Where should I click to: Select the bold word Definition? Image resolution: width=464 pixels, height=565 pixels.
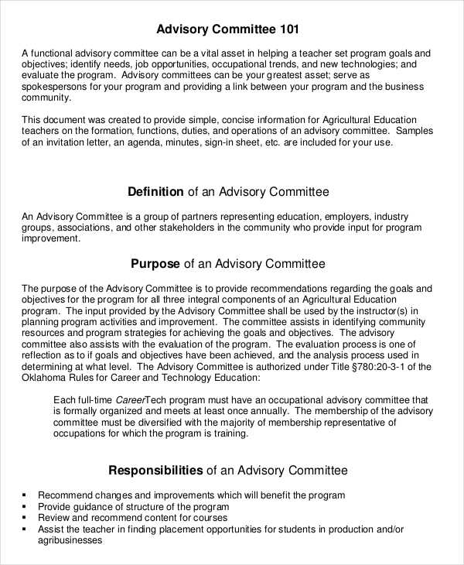155,191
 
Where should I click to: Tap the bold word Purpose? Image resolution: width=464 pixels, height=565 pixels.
155,263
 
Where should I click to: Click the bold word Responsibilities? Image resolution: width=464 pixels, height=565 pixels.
155,470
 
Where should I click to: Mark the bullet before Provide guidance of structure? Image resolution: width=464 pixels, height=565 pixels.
26,506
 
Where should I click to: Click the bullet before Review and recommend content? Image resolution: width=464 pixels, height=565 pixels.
26,518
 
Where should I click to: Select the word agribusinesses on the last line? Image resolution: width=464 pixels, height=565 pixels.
70,541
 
